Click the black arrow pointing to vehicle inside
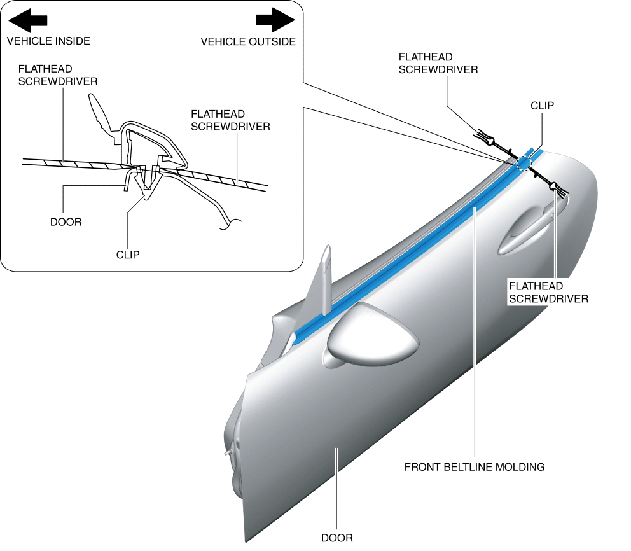28,20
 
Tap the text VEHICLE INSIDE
48,41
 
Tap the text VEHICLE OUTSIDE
248,41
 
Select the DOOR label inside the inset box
66,222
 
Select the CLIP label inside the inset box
127,255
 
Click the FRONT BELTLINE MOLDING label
475,467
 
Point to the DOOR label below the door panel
336,538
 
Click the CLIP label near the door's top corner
542,106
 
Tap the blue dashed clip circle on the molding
523,164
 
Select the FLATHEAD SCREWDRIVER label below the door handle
548,292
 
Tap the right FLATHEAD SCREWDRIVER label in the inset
230,120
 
